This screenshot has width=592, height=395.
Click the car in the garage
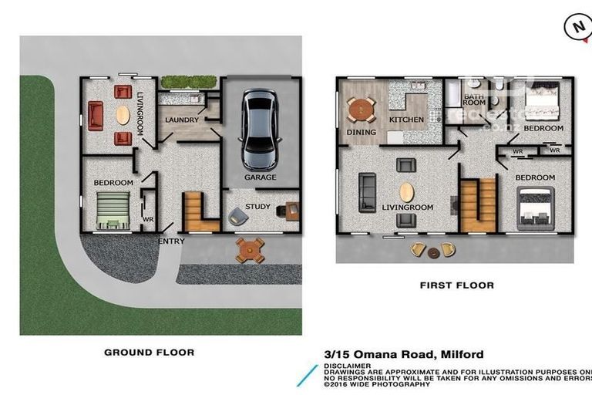point(259,130)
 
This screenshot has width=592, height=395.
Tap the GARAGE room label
point(260,177)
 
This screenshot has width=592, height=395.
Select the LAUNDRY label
point(183,120)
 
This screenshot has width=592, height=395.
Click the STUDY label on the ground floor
point(257,207)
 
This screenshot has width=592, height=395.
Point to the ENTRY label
point(171,241)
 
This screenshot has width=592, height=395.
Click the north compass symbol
point(577,27)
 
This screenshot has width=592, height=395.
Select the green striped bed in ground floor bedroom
point(113,211)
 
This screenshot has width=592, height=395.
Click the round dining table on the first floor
point(360,111)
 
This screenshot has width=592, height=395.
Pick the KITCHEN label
point(406,120)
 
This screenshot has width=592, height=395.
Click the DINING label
point(361,132)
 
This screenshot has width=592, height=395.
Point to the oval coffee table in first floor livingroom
point(405,192)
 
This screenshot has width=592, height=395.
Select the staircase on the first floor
point(477,204)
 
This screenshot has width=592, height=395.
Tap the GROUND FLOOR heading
point(149,352)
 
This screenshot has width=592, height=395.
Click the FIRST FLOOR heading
point(456,285)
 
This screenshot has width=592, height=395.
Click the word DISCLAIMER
point(348,366)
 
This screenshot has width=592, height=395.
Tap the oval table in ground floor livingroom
point(123,115)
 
